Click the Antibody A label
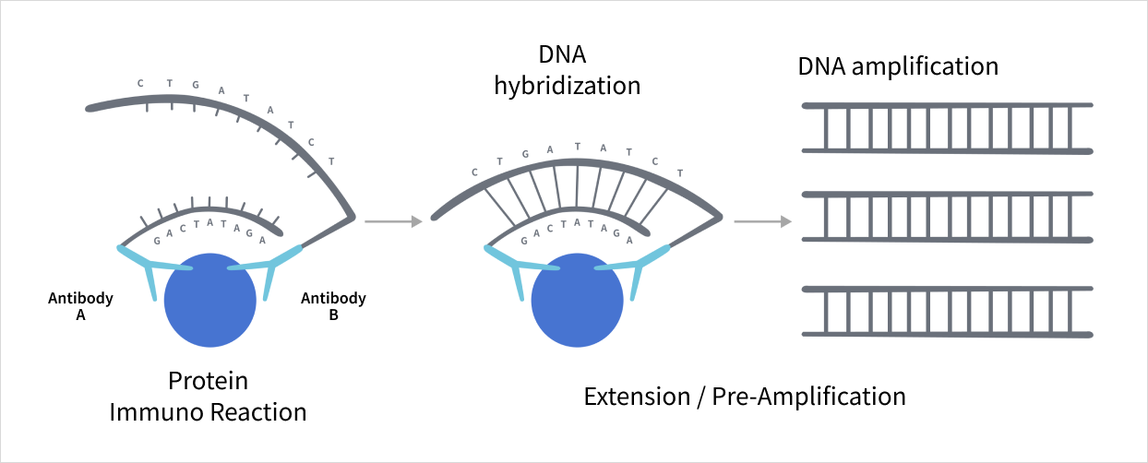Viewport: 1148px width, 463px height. [x=80, y=306]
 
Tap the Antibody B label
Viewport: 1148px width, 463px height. [x=333, y=306]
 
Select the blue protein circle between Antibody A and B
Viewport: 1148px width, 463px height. [x=209, y=300]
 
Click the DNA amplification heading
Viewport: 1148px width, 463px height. [x=898, y=66]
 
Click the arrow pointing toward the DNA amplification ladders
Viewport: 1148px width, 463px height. [x=762, y=221]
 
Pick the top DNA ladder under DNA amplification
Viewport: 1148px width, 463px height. [x=947, y=127]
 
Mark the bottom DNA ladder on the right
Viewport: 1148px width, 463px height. [x=947, y=311]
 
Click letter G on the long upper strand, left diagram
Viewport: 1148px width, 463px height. [x=195, y=86]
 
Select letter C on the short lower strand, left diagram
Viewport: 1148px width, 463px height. [x=184, y=226]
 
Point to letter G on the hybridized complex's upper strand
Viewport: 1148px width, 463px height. [x=525, y=154]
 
